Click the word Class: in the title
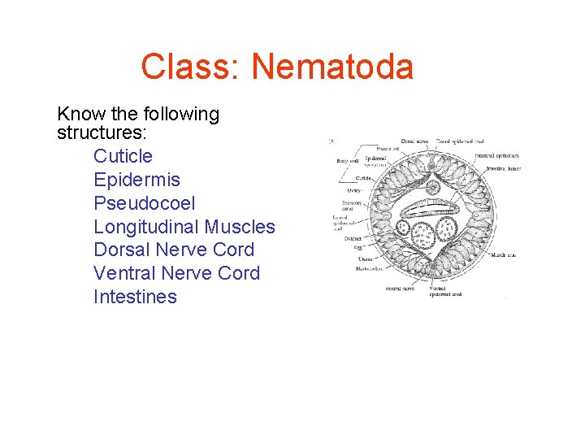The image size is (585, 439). coord(192,67)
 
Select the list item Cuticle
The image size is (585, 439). coord(123,156)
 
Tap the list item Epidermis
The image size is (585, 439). coord(136,180)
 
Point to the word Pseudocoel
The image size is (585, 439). coord(145,203)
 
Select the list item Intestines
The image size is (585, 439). coord(135,297)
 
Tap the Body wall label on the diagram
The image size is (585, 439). coord(348,161)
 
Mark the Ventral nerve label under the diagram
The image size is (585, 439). coord(401,288)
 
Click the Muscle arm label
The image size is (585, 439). coord(503,254)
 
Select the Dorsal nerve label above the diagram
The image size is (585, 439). coord(416,141)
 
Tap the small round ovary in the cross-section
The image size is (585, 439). coord(433,188)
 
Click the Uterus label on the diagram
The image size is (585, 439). coord(365,259)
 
